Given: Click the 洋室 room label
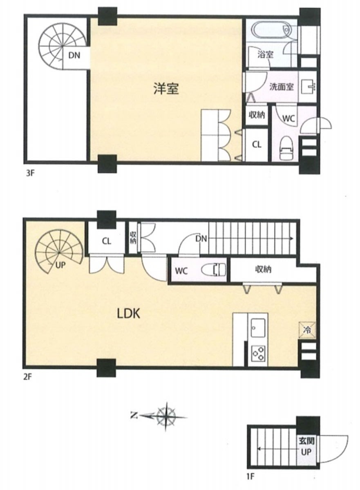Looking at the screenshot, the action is tap(166, 89).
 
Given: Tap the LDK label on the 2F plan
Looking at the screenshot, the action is tap(128, 313).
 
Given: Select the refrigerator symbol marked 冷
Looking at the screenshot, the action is tap(307, 330).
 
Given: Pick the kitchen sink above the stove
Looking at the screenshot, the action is tap(258, 328).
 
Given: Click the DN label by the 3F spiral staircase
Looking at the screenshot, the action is tap(74, 55).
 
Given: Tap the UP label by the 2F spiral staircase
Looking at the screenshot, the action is tap(60, 265).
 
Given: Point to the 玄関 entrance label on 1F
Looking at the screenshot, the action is tap(306, 441).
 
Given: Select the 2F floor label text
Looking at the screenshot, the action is tap(27, 377).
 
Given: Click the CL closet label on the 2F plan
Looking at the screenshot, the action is tap(106, 241).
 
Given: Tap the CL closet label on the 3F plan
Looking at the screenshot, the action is tap(257, 145).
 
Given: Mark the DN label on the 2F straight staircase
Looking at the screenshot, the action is tap(201, 239).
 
